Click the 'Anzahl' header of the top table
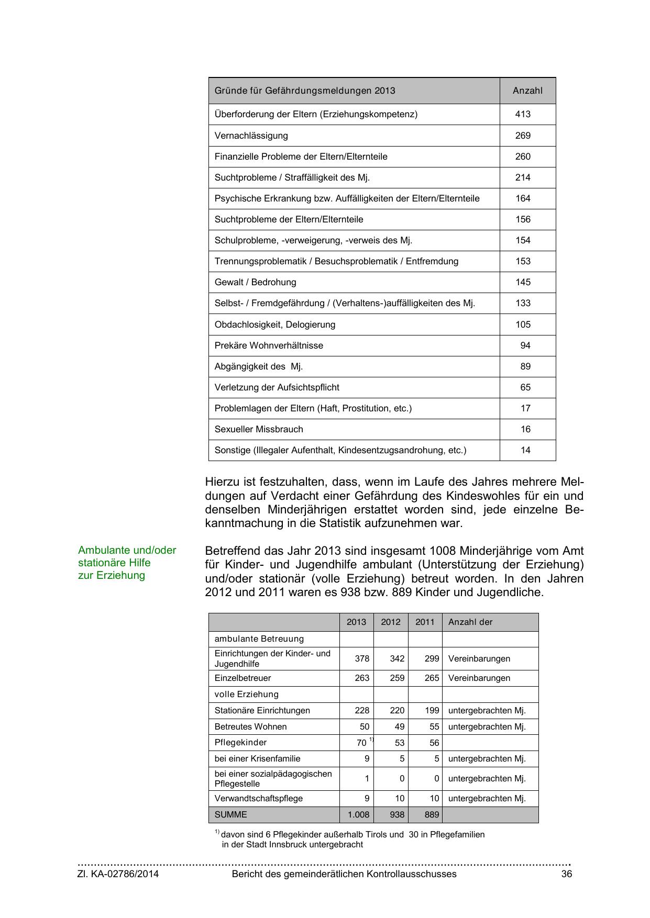527,91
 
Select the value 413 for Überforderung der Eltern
523,114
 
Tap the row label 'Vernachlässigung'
251,136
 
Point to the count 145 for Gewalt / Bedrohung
523,282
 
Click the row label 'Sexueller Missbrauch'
259,429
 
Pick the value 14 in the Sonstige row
525,450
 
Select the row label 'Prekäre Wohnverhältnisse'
269,345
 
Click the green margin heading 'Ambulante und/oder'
127,550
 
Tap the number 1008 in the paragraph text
443,551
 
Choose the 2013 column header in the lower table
356,622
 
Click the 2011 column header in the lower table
425,622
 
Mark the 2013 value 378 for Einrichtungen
362,658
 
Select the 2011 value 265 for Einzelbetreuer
432,678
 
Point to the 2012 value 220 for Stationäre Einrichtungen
397,710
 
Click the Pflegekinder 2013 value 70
361,743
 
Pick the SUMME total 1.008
358,814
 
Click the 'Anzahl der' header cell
470,622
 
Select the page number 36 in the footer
566,874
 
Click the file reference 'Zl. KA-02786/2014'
118,874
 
